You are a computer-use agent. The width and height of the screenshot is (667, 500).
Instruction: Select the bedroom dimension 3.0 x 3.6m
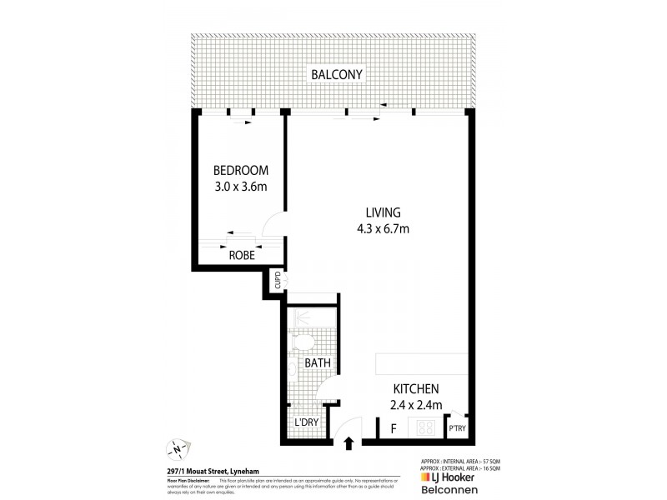(240, 187)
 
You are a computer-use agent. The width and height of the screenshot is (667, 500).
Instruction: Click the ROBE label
(242, 257)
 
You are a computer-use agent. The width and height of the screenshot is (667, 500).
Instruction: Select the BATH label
(318, 363)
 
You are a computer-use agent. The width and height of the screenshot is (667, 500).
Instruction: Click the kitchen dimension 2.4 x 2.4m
(416, 406)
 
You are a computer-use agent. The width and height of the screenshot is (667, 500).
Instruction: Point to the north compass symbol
(178, 449)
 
